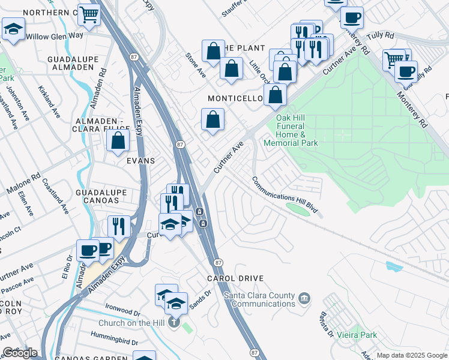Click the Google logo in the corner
20,353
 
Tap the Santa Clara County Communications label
259,299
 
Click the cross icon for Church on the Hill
174,323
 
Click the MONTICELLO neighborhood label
235,98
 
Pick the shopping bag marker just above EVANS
119,141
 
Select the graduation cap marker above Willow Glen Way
13,28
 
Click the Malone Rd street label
23,184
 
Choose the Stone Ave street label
195,64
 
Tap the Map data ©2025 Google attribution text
412,355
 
